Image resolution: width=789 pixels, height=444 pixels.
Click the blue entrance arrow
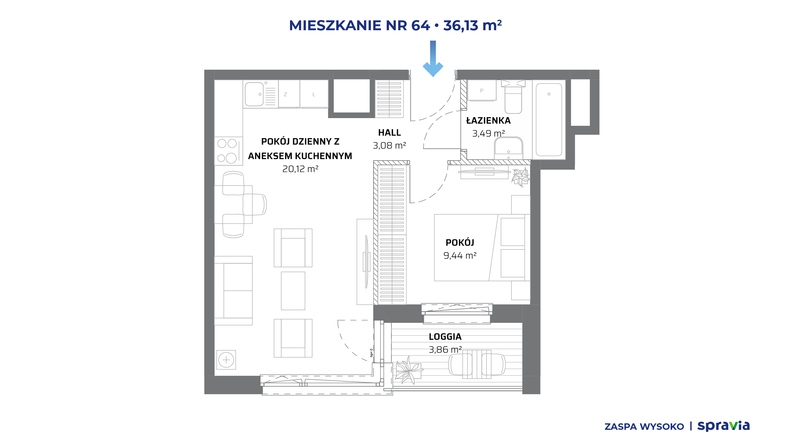433,59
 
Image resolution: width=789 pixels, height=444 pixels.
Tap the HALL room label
390,133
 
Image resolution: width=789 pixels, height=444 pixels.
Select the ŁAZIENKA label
489,121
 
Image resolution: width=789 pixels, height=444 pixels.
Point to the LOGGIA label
445,337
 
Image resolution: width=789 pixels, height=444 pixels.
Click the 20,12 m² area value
300,169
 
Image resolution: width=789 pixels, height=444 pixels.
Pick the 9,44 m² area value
460,256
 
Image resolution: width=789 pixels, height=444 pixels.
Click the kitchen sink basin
254,94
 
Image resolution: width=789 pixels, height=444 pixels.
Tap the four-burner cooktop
228,151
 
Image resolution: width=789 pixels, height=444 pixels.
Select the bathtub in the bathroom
549,120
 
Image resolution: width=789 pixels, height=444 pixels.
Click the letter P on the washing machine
482,91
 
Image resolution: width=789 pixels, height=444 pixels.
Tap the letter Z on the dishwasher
285,95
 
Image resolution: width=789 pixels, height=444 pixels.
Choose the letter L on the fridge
314,95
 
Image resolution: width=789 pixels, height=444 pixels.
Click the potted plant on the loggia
409,370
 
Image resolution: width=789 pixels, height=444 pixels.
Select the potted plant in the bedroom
521,177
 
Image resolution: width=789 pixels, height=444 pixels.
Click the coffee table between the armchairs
293,291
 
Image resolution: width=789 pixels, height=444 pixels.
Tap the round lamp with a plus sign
226,360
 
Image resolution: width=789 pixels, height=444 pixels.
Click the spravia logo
724,426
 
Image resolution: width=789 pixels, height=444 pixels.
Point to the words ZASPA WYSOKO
644,427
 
